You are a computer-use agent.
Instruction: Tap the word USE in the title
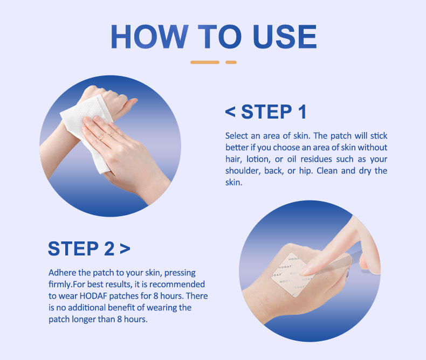[x=285, y=37]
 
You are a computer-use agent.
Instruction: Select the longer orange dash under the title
[x=205, y=62]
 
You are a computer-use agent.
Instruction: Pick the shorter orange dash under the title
[x=231, y=62]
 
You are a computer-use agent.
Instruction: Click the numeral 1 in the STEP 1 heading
[x=303, y=112]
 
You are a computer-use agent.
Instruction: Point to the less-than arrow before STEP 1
[x=230, y=112]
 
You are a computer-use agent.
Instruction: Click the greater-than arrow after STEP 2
[x=125, y=248]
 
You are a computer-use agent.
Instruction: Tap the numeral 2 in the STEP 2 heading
[x=109, y=248]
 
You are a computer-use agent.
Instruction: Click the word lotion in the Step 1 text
[x=258, y=159]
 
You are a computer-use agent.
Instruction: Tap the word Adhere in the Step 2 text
[x=62, y=273]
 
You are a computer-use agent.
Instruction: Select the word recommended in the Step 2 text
[x=177, y=284]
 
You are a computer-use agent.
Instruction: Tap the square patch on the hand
[x=292, y=275]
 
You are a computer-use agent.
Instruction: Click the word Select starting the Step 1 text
[x=237, y=136]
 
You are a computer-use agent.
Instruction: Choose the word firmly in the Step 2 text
[x=60, y=285]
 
